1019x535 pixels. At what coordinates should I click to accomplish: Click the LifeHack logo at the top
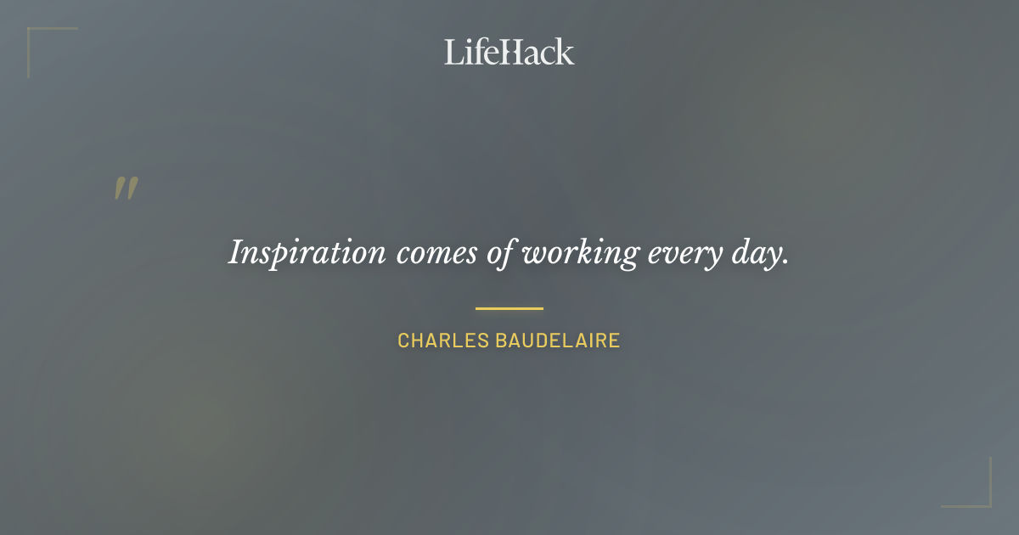(x=509, y=52)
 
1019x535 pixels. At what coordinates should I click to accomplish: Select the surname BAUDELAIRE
(x=558, y=341)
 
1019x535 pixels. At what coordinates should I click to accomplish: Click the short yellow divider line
(x=509, y=308)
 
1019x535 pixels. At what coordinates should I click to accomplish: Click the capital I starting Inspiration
(x=236, y=252)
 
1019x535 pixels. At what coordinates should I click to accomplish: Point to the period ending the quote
(x=785, y=262)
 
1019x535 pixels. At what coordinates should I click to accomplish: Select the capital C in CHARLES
(x=403, y=341)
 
